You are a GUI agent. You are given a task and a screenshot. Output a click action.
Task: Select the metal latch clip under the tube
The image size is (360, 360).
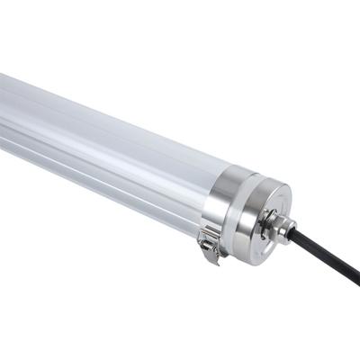pyautogui.click(x=211, y=244)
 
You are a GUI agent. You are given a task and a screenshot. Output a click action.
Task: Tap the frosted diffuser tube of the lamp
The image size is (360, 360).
pyautogui.click(x=99, y=135)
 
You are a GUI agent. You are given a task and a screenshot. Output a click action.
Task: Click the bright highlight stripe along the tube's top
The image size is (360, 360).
pyautogui.click(x=90, y=103)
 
